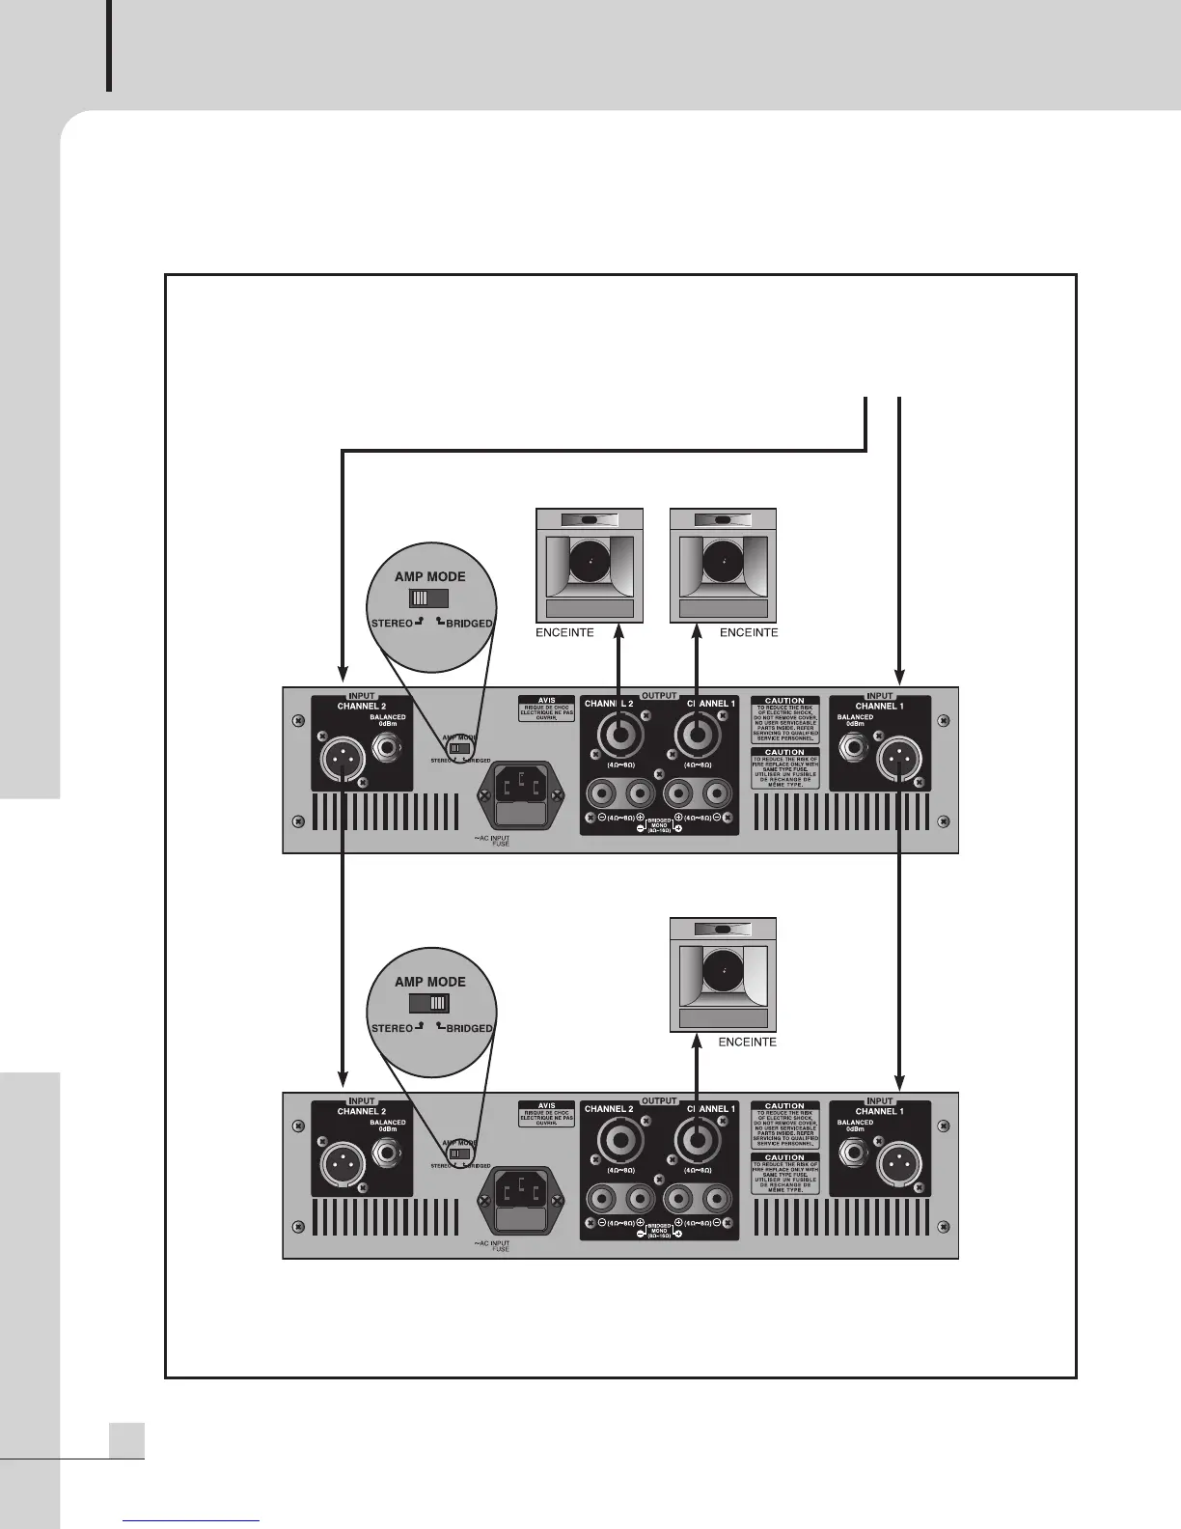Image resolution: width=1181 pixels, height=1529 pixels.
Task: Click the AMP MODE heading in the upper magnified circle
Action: point(429,576)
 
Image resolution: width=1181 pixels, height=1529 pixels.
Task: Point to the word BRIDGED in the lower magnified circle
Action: point(469,1028)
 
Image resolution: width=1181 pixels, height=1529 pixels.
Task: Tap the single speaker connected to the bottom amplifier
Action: point(724,975)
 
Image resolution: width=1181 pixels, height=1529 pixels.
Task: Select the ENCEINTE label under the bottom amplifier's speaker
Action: point(748,1042)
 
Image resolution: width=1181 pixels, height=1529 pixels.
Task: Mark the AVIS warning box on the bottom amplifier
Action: point(545,1114)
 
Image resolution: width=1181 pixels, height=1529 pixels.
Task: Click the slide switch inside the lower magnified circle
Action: point(429,1003)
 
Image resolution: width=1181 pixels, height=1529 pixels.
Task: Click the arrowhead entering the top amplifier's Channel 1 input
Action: point(899,678)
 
